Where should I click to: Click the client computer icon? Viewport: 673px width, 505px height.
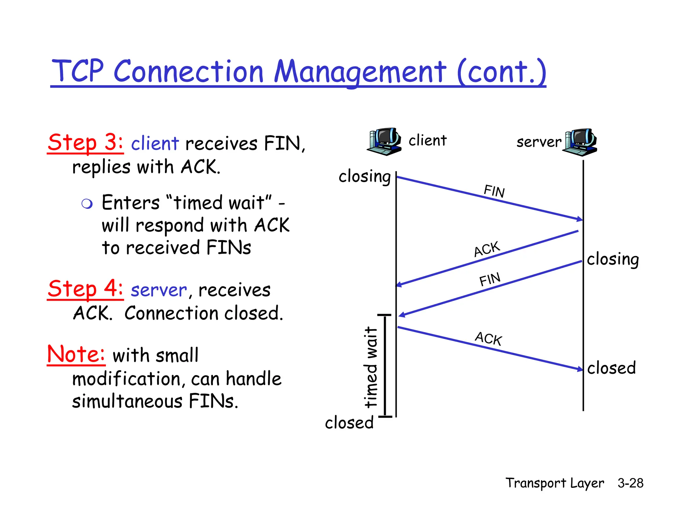click(384, 141)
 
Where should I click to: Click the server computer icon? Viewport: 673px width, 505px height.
click(580, 142)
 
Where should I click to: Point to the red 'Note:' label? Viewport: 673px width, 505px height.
click(76, 354)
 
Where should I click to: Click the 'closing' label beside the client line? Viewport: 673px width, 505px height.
click(364, 177)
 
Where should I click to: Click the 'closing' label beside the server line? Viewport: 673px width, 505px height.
click(613, 259)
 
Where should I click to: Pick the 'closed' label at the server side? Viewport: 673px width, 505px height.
click(611, 368)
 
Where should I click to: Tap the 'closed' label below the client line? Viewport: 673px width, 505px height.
click(349, 422)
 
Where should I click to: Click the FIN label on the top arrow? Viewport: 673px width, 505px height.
click(494, 191)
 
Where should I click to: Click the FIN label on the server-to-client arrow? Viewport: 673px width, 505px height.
click(490, 279)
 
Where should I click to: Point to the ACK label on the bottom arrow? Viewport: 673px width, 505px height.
click(488, 339)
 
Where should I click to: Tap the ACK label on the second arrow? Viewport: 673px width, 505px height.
click(487, 249)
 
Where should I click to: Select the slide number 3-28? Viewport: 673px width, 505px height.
click(630, 483)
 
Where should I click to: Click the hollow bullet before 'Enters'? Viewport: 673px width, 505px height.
click(87, 204)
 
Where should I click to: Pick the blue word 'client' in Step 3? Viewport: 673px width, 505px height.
click(155, 144)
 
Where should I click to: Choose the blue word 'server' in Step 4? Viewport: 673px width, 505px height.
click(159, 290)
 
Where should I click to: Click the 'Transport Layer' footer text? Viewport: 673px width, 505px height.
click(555, 483)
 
